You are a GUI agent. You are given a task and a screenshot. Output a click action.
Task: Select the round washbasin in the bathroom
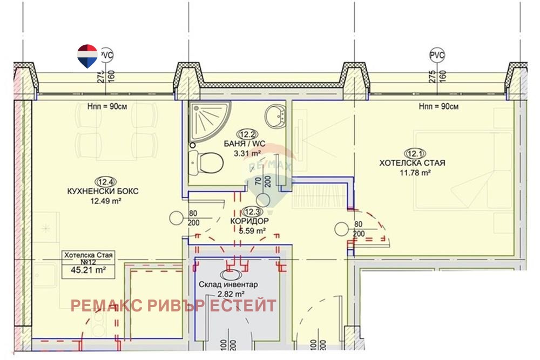tap(275, 117)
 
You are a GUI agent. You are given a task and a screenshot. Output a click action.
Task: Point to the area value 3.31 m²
tap(247, 153)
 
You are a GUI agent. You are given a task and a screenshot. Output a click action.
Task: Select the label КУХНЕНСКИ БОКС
tap(103, 192)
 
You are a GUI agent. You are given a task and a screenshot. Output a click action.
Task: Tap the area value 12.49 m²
tap(105, 201)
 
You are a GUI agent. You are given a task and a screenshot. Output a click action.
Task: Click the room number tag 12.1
tap(415, 153)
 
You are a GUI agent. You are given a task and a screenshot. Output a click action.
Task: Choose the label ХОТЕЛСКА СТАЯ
tap(412, 163)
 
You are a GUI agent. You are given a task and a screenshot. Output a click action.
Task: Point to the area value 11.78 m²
tap(415, 172)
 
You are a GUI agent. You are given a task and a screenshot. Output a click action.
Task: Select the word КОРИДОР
tap(249, 221)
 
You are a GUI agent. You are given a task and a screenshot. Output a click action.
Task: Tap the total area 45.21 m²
tap(88, 270)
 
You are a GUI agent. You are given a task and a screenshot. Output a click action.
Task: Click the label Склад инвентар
tap(228, 284)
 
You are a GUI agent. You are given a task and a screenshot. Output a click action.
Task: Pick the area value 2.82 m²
tap(231, 294)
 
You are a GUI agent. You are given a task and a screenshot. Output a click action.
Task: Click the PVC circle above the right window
tap(437, 55)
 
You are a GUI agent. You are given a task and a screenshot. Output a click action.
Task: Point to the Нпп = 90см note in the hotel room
tap(438, 107)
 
